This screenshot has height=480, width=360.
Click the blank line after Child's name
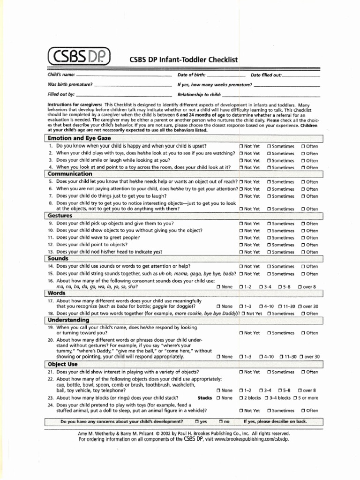click(124, 75)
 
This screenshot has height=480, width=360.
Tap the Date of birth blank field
click(226, 75)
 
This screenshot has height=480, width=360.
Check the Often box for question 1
click(303, 146)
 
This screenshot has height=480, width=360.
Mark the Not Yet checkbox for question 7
click(241, 196)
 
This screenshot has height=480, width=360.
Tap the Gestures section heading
click(60, 216)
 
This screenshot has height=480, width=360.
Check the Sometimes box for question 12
click(269, 245)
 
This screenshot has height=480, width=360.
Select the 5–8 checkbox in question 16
click(280, 286)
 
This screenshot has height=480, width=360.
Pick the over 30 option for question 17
click(300, 307)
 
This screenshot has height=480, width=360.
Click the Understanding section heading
click(68, 320)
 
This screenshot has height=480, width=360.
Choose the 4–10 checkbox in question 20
click(261, 357)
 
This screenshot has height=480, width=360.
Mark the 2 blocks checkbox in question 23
click(241, 398)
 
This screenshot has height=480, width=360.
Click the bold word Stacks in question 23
click(205, 398)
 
